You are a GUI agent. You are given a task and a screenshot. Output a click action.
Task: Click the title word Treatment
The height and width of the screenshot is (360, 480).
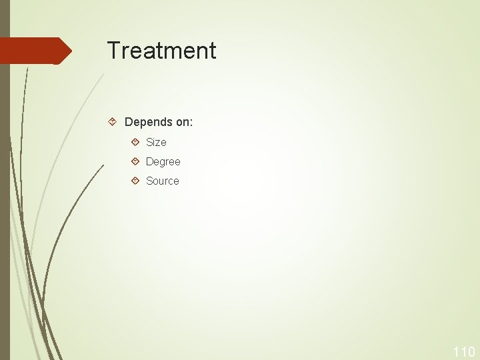click(161, 51)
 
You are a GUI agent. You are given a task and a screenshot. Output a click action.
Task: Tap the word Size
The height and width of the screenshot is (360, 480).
click(156, 142)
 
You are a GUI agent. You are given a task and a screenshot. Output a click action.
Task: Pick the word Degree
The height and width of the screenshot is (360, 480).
click(163, 161)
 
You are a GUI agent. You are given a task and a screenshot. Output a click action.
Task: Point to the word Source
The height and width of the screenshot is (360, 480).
click(162, 181)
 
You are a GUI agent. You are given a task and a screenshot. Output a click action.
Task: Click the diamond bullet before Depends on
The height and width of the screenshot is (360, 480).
click(113, 122)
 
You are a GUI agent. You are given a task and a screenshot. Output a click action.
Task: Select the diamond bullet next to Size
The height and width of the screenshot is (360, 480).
click(135, 142)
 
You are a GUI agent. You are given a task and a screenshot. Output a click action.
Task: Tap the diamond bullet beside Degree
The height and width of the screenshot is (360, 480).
click(135, 161)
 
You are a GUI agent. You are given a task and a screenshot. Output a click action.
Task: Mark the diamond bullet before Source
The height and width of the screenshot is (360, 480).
click(135, 181)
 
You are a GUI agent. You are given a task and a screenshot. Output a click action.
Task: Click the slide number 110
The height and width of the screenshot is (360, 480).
click(463, 352)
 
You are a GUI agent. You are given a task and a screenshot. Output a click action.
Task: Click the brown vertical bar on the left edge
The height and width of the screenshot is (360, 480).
click(5, 200)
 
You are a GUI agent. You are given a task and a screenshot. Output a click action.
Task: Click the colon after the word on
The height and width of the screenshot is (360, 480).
click(191, 123)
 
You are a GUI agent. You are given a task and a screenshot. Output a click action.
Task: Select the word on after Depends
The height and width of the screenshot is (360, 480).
click(182, 123)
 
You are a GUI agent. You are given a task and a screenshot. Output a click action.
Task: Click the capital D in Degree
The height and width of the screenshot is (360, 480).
click(149, 161)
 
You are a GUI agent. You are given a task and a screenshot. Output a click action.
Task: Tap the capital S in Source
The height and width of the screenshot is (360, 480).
click(149, 181)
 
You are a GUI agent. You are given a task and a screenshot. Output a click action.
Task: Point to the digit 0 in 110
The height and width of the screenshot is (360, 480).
click(470, 352)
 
